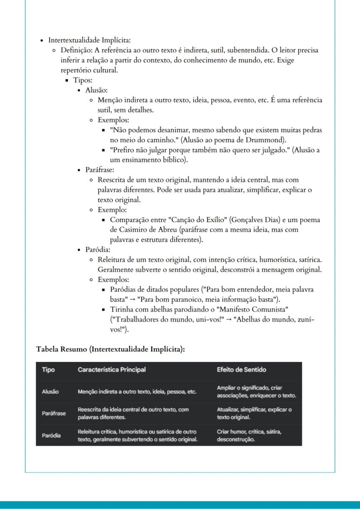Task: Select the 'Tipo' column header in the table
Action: [x=48, y=369]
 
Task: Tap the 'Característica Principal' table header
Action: [x=112, y=369]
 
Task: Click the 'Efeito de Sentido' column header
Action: [x=241, y=369]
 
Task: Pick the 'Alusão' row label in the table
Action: [x=50, y=392]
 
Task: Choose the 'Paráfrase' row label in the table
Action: [x=54, y=413]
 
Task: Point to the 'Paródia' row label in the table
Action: [x=51, y=435]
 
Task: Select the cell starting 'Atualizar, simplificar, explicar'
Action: [x=254, y=413]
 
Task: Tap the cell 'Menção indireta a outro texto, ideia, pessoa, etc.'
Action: [x=137, y=392]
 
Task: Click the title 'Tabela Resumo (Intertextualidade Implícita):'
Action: [x=110, y=349]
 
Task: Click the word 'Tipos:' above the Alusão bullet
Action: [x=83, y=80]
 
